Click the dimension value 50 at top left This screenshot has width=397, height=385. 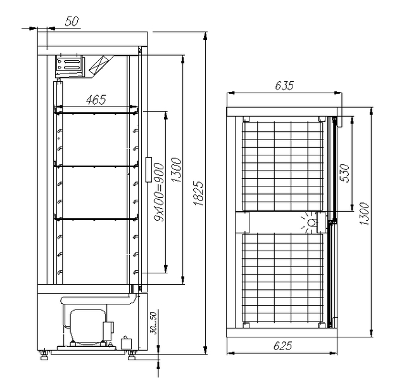coord(72,22)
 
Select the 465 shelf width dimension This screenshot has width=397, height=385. coord(96,100)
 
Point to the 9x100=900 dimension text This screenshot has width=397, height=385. coord(160,192)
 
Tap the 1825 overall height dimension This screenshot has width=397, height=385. coord(199,193)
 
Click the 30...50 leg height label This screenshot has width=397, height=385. coord(153,323)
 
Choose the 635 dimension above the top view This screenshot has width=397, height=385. coord(284,86)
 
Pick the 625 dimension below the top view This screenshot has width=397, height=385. coord(283,346)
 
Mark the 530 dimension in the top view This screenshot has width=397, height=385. coord(345,173)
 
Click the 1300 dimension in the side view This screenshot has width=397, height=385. coord(177,170)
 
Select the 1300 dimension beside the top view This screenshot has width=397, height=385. coord(364,214)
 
